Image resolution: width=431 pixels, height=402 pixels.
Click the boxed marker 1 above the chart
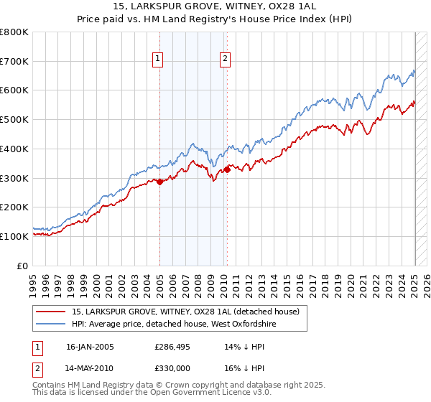157,60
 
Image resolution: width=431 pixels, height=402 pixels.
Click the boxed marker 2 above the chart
225,60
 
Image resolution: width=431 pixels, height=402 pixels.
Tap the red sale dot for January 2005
159,182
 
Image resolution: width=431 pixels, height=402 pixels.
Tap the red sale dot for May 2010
227,169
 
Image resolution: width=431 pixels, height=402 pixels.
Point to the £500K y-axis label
14,120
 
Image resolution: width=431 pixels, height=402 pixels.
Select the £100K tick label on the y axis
14,236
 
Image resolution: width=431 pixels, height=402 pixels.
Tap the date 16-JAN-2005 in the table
90,346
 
